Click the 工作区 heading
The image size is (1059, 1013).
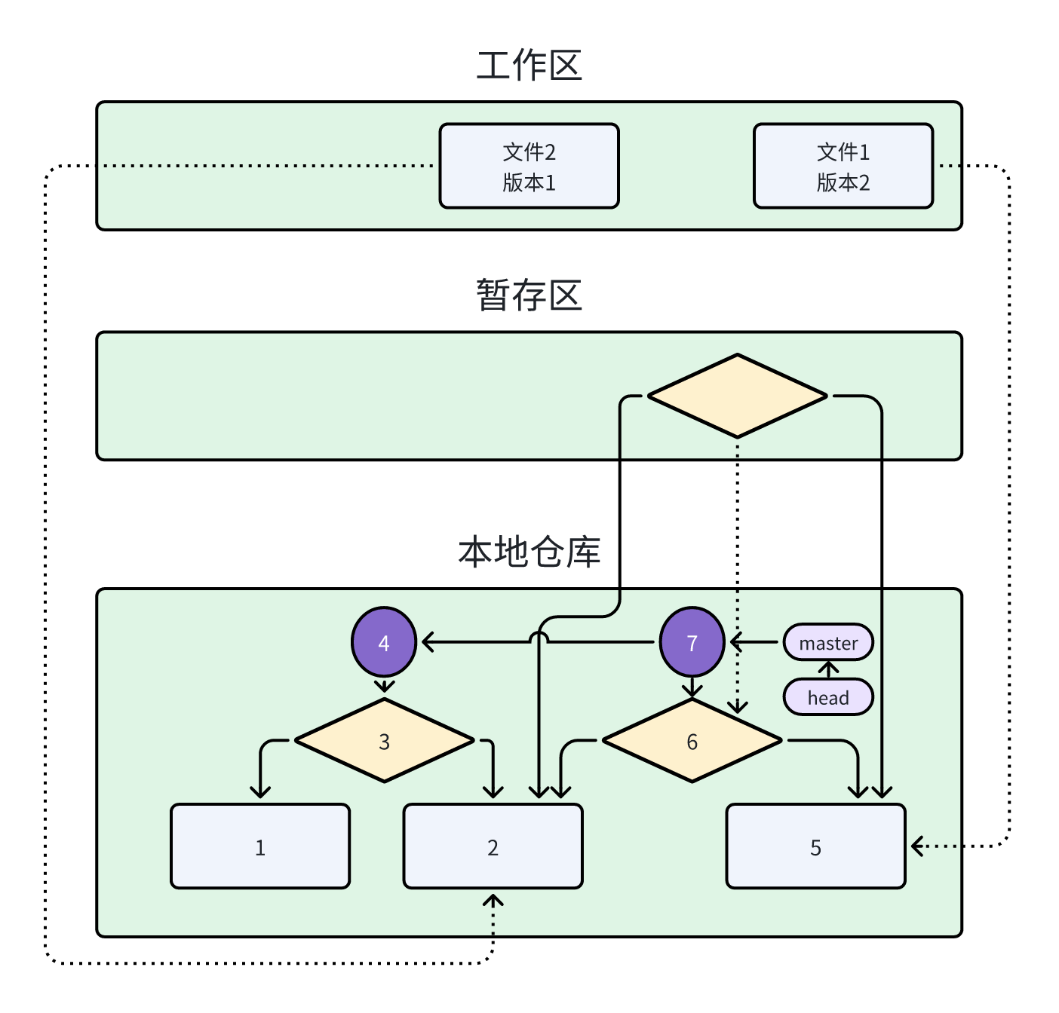click(529, 66)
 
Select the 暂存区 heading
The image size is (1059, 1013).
click(529, 295)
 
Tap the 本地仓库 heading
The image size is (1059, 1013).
click(529, 552)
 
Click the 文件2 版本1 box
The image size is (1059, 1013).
click(529, 166)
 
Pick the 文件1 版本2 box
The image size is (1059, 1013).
click(843, 166)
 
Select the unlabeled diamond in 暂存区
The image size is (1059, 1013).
click(737, 396)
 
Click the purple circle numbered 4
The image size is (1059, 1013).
click(384, 642)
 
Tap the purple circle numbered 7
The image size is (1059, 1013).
click(692, 642)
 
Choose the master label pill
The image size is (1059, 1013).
click(828, 642)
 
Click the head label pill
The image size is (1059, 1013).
click(828, 697)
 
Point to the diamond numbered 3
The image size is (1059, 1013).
click(384, 741)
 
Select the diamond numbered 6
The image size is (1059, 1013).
click(692, 741)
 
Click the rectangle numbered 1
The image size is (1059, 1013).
click(260, 846)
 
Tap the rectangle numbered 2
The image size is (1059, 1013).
click(493, 846)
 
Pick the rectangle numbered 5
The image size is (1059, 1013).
click(815, 846)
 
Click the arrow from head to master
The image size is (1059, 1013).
click(828, 669)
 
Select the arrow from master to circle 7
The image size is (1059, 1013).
click(754, 642)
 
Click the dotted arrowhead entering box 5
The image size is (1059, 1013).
click(917, 846)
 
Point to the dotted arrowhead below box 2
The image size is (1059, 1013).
click(493, 901)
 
